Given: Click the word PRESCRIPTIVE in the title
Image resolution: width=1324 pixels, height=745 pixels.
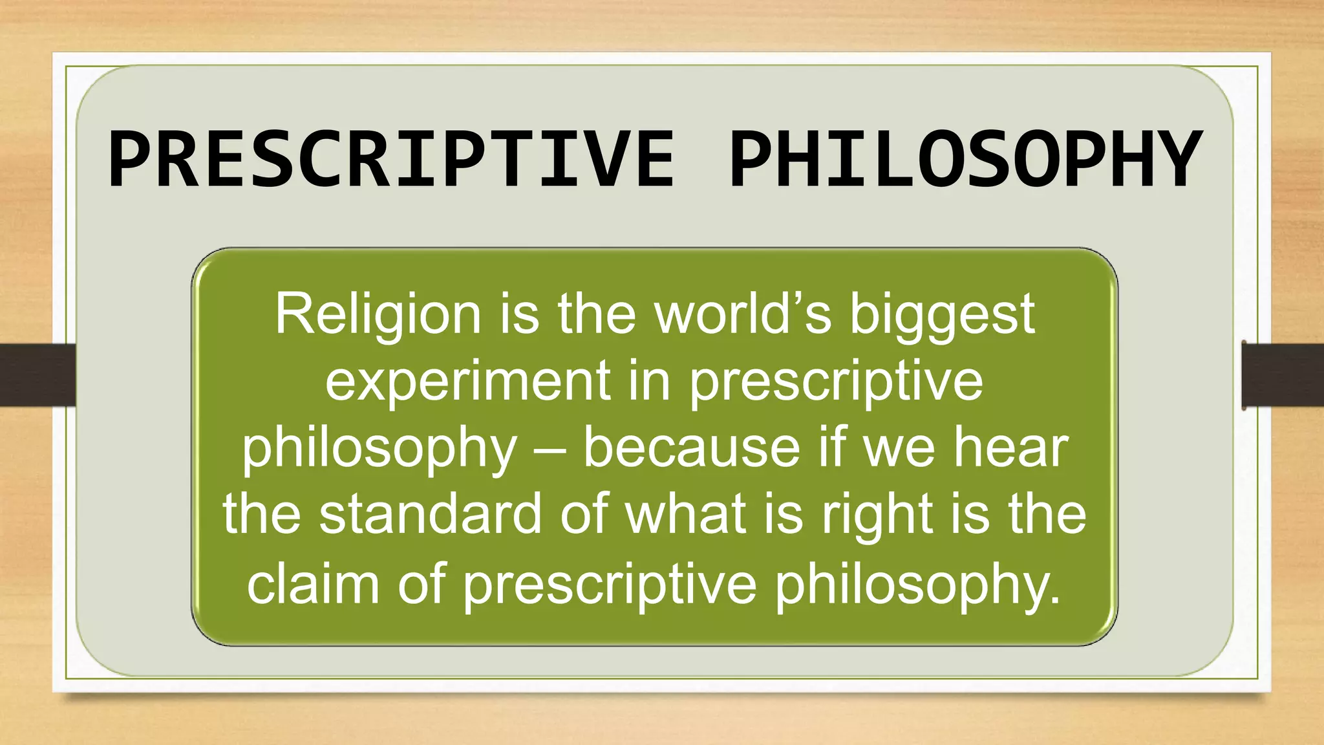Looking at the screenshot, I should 391,159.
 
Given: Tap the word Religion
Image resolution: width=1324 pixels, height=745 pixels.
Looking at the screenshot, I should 378,315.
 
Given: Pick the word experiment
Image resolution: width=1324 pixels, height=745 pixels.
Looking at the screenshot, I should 468,382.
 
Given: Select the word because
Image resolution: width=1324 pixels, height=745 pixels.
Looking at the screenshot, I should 692,448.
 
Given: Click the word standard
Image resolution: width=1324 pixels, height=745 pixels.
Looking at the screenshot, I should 431,514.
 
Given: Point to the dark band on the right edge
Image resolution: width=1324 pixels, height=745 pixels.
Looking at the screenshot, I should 1283,375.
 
